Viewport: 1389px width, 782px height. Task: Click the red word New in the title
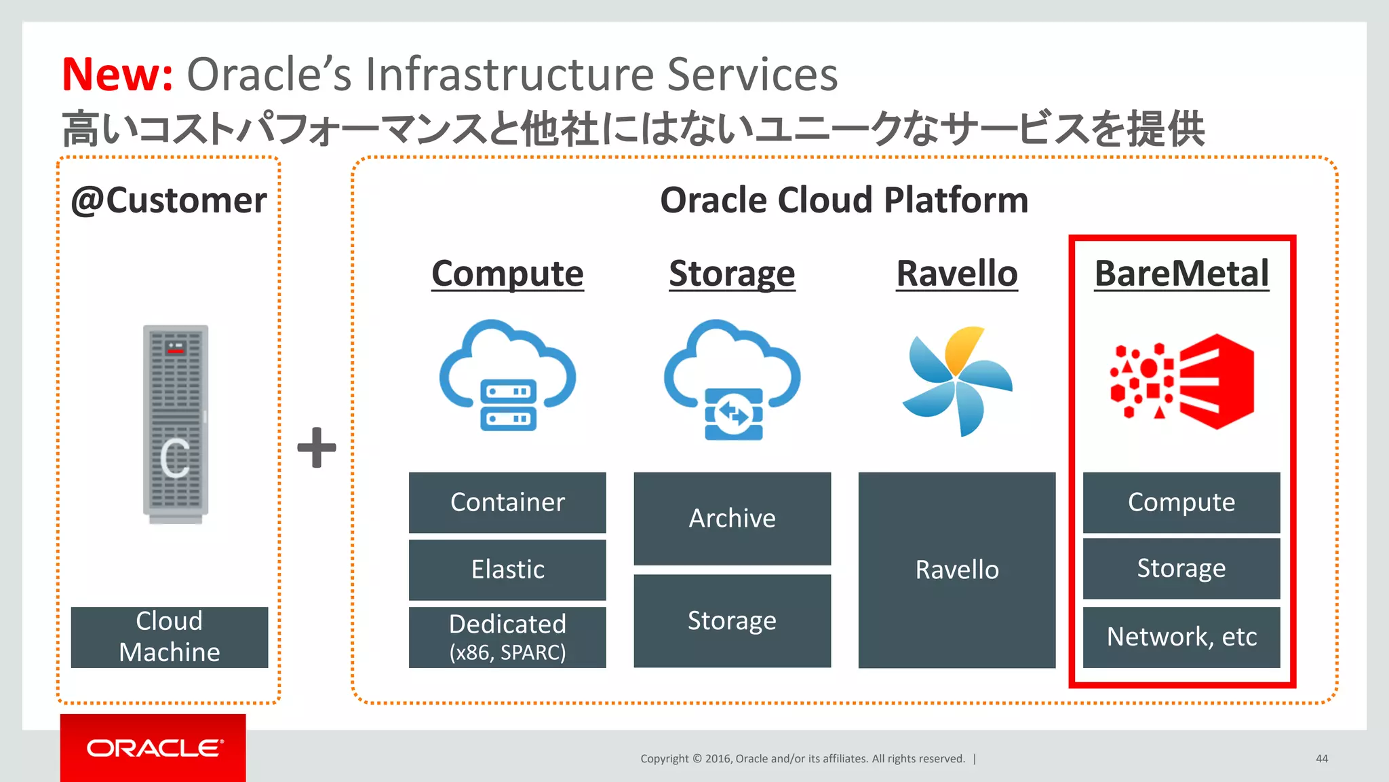click(x=117, y=74)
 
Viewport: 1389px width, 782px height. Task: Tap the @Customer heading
click(x=169, y=201)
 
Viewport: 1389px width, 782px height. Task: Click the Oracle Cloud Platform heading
click(x=844, y=201)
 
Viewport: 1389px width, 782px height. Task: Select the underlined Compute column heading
click(x=507, y=274)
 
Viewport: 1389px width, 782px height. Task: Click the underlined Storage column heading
click(x=732, y=274)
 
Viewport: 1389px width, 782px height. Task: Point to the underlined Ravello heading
click(x=956, y=274)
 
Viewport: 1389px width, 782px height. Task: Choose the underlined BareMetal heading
click(x=1181, y=274)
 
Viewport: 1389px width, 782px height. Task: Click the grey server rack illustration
click(x=176, y=424)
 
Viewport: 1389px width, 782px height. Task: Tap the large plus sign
click(x=317, y=447)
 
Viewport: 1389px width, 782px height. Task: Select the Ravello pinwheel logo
click(x=956, y=380)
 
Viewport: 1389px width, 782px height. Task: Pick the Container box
click(x=507, y=502)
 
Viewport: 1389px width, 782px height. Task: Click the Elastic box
click(x=507, y=570)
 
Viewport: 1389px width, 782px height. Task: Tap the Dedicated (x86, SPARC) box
click(x=507, y=637)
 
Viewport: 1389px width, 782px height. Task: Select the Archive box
click(x=732, y=519)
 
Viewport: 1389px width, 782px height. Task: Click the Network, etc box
click(x=1181, y=637)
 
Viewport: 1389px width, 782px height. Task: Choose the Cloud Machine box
click(x=170, y=637)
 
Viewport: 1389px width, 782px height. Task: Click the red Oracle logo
click(x=153, y=748)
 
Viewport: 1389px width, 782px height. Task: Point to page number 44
click(x=1321, y=759)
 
